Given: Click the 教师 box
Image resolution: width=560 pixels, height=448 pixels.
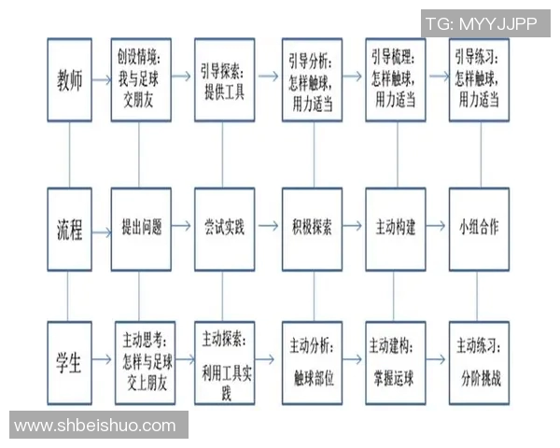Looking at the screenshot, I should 70,80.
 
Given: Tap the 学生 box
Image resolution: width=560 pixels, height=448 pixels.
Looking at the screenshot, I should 70,362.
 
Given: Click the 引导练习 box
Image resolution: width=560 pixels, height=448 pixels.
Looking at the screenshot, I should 479,80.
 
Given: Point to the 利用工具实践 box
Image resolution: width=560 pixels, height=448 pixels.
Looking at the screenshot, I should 224,362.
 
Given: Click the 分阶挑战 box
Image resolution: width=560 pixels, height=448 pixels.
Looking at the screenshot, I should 479,362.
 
